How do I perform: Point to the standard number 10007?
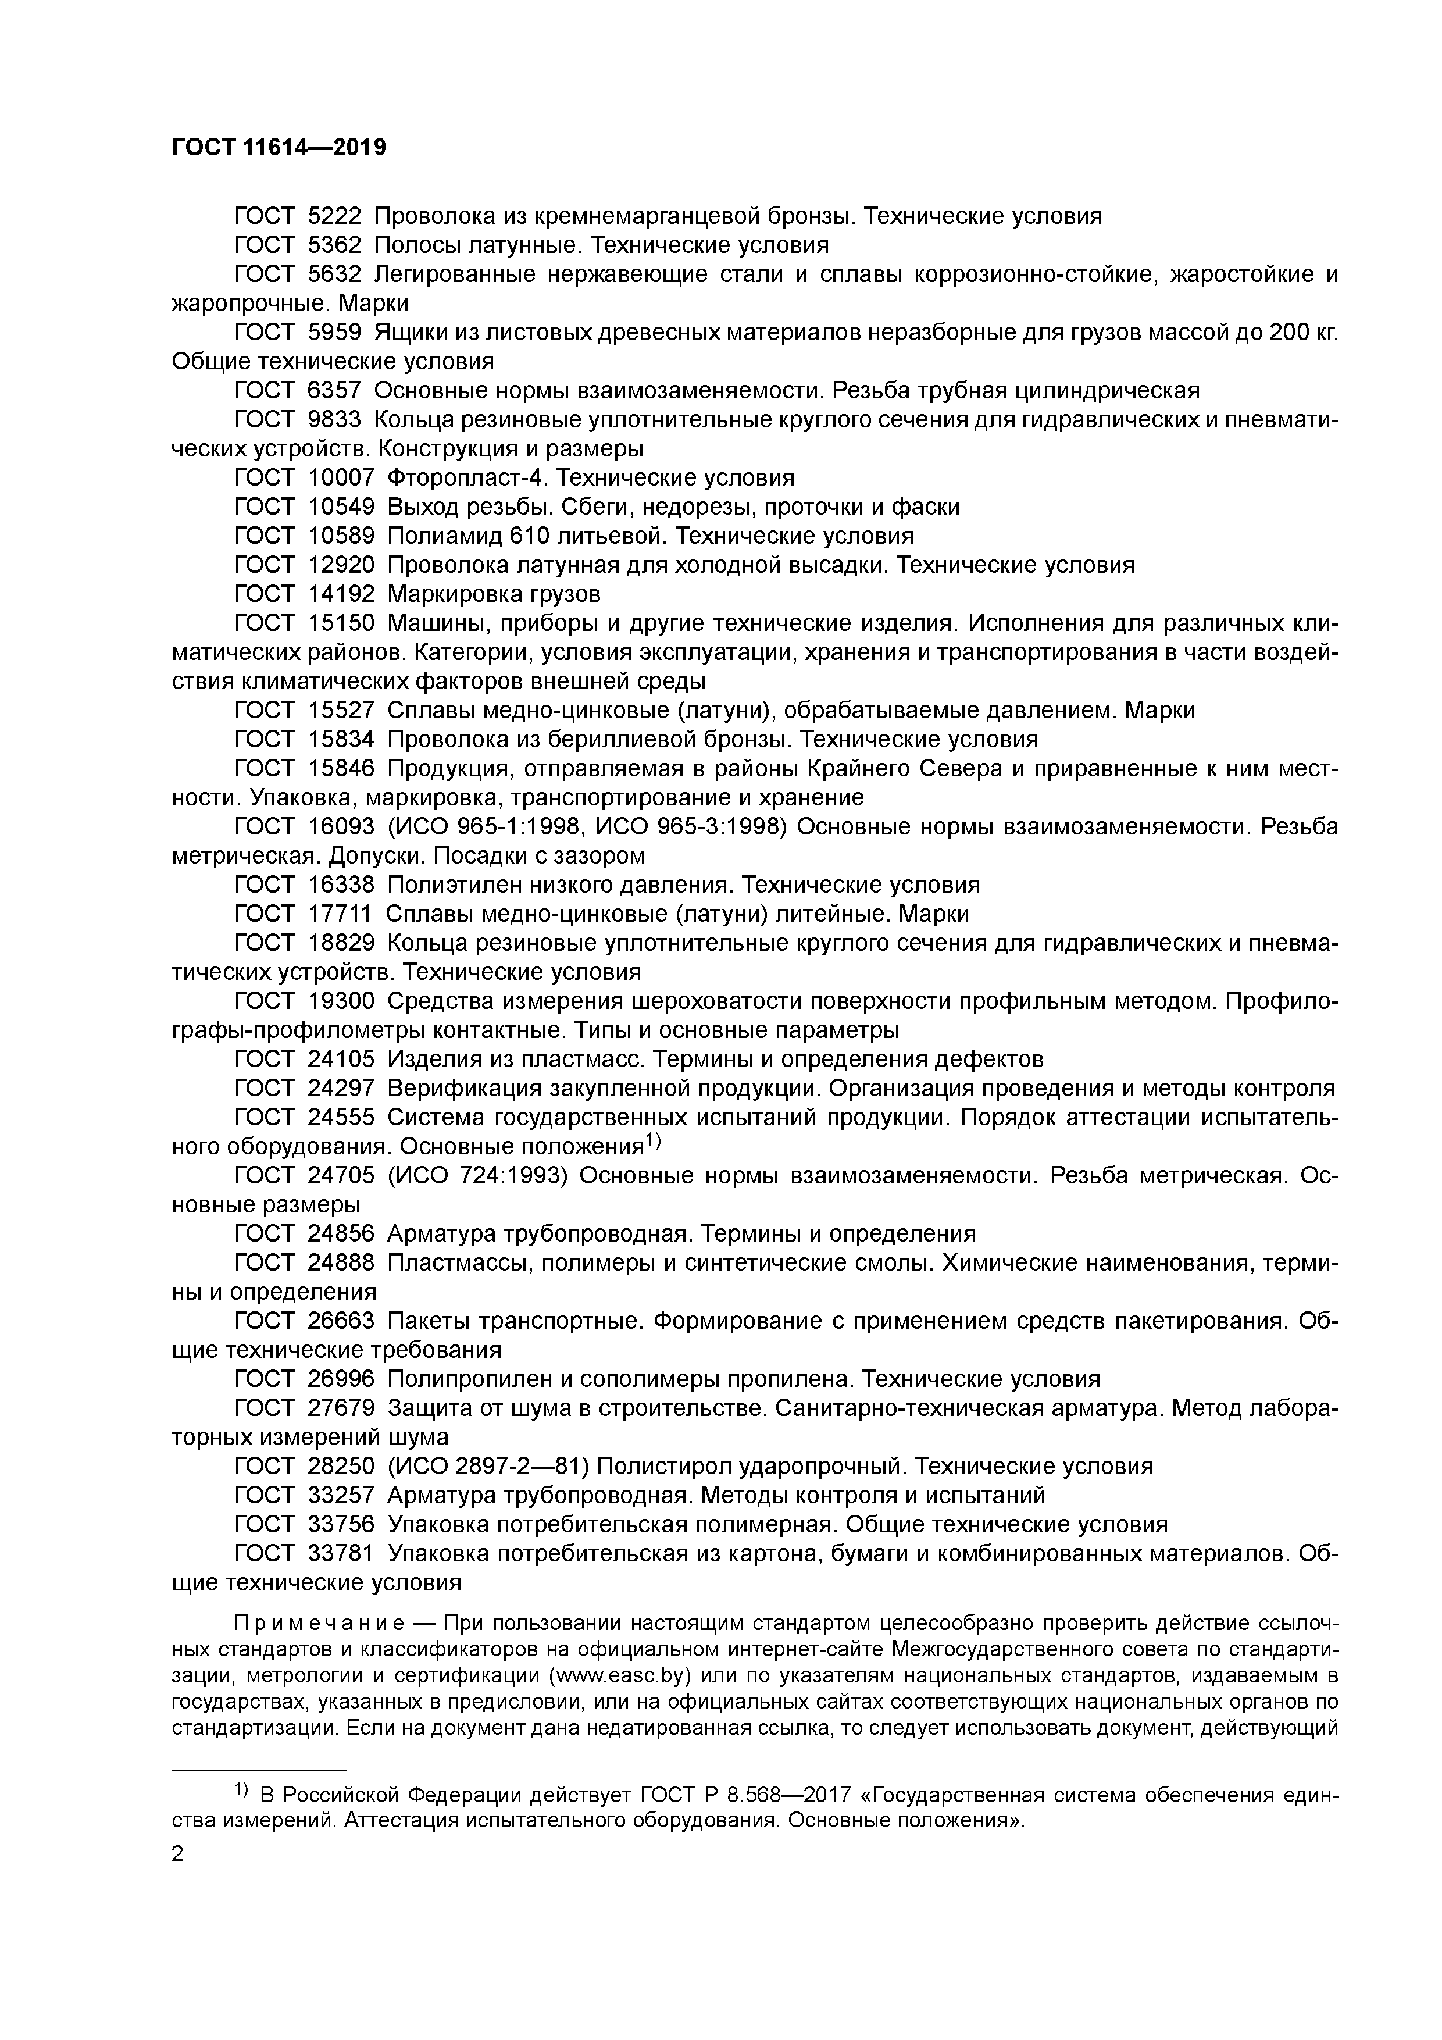pos(340,478)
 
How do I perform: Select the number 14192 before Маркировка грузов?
pos(340,594)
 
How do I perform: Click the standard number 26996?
pos(340,1379)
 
